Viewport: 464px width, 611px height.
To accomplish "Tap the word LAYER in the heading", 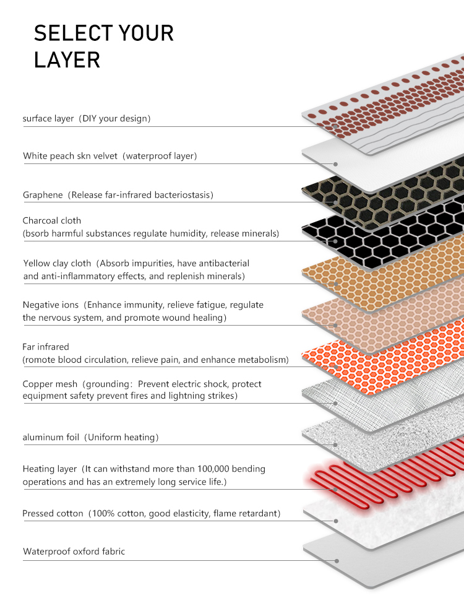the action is [67, 60].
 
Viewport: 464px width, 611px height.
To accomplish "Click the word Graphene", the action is [43, 195].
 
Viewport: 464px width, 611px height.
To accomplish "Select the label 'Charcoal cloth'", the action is [52, 220].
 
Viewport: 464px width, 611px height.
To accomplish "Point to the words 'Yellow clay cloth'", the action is [57, 264].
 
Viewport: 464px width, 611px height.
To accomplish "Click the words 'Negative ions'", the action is [51, 305].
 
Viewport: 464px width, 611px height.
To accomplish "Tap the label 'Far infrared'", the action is [46, 347].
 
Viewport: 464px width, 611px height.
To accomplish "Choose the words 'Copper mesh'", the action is [50, 384].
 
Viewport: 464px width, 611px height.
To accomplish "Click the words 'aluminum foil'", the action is [51, 437].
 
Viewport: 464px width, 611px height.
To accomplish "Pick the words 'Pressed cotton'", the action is [53, 514].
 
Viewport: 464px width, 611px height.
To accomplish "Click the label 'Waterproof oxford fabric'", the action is [74, 552].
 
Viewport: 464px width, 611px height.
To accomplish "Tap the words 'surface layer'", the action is [48, 118].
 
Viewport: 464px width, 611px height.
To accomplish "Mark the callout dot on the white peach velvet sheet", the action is [335, 164].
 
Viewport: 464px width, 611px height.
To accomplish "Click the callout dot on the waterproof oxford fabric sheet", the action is [337, 561].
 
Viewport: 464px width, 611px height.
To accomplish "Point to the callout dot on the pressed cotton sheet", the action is [336, 521].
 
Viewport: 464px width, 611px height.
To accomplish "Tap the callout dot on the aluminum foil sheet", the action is [335, 444].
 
